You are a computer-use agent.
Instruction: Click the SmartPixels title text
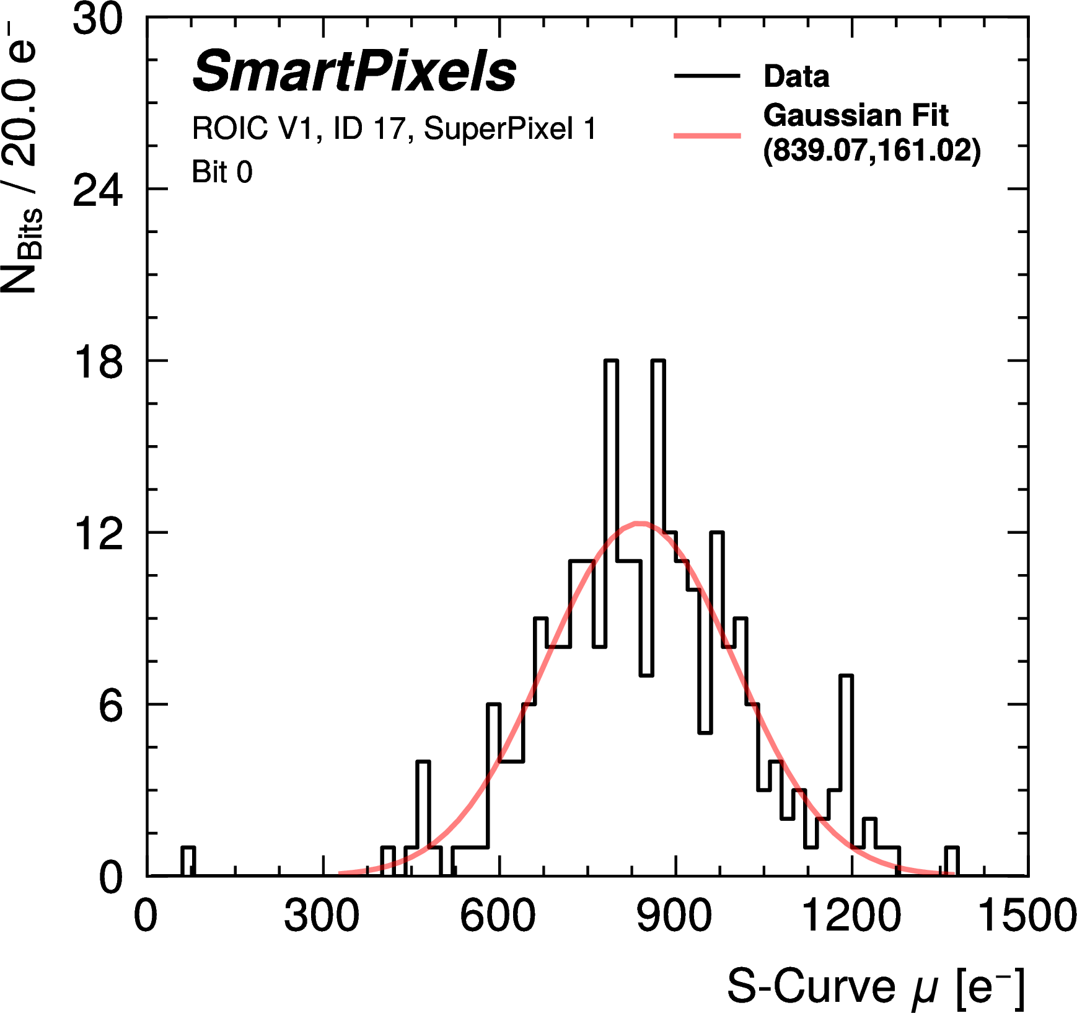354,71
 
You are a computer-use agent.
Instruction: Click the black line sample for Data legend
707,76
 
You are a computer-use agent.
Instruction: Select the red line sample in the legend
707,135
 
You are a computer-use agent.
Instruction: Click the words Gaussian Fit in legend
855,115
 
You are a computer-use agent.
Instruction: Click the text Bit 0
222,172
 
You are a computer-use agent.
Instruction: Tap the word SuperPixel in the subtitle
498,129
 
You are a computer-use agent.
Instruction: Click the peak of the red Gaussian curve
639,524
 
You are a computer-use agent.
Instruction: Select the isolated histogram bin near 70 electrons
188,861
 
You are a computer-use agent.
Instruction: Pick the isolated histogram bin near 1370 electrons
952,861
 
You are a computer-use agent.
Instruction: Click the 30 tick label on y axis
98,20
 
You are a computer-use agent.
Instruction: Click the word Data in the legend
796,76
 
